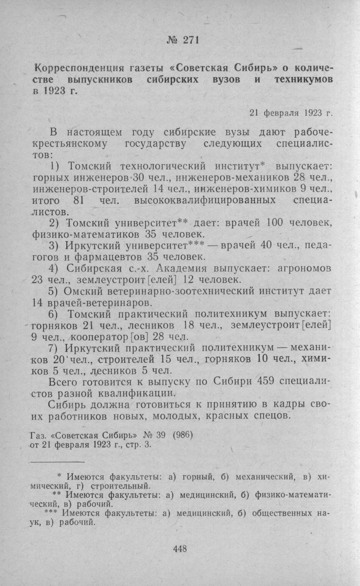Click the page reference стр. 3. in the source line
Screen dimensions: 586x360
(x=139, y=445)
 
